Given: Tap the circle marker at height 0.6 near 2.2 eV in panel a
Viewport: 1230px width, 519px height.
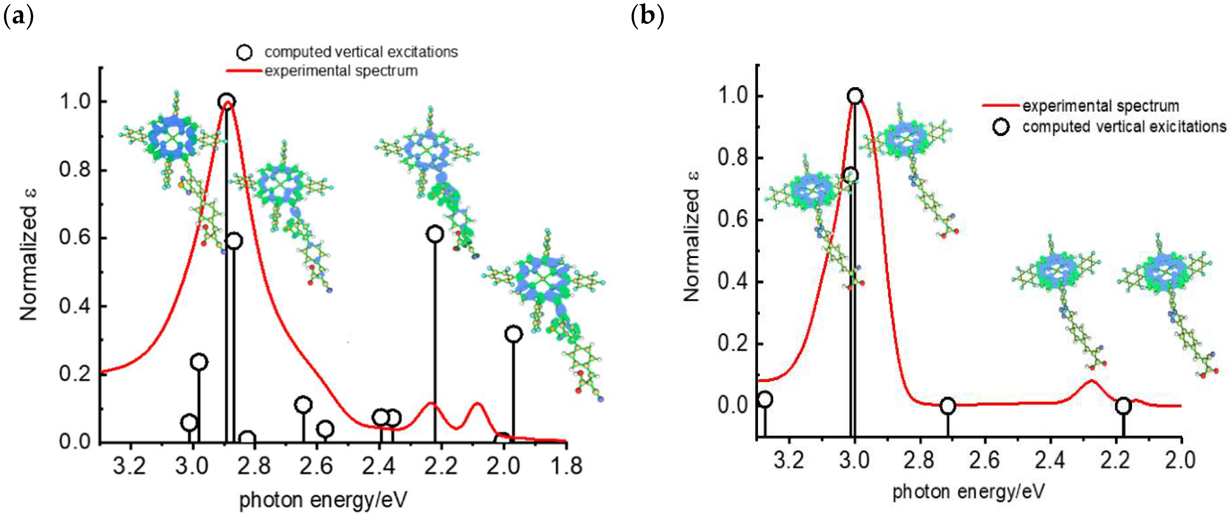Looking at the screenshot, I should (x=434, y=234).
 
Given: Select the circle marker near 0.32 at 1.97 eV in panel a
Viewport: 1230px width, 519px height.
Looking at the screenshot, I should (x=513, y=334).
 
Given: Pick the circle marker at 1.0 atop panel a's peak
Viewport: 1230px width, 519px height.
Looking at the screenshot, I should (x=226, y=101).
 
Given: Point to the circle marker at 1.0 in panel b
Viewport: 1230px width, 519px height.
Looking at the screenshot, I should (x=855, y=96).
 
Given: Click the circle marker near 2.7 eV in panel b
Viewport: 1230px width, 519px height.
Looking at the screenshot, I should (x=948, y=406).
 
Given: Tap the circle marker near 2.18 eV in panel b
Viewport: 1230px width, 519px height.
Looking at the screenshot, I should (x=1123, y=406).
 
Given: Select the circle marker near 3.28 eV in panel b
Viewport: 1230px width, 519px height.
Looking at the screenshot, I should (x=765, y=399).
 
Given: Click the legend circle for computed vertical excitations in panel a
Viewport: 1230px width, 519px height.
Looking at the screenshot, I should (x=244, y=52).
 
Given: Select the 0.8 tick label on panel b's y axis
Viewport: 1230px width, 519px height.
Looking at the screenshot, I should (x=733, y=158).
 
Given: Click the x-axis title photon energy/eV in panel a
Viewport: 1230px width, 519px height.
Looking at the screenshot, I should (x=323, y=500).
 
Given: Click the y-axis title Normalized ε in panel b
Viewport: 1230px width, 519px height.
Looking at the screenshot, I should (x=691, y=236).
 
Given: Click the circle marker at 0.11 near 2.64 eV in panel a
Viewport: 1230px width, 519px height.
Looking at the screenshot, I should (x=303, y=405).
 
